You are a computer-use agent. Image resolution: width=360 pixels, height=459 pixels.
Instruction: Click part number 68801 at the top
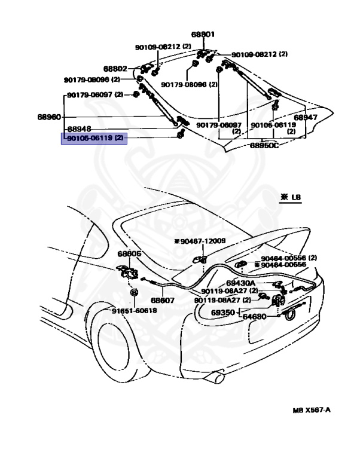(x=203, y=35)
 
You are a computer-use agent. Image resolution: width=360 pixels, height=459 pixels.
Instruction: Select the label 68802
(x=115, y=69)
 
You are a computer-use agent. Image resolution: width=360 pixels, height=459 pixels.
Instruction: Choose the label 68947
(x=306, y=118)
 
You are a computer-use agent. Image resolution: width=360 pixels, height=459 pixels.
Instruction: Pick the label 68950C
(x=264, y=145)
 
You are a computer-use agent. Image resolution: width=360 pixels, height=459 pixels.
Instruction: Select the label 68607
(x=162, y=301)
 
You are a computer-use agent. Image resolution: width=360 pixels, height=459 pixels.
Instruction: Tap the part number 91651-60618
(x=134, y=310)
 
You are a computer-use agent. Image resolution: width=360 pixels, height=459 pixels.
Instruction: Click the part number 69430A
(x=241, y=283)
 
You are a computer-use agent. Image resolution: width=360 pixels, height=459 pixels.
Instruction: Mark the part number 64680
(x=254, y=316)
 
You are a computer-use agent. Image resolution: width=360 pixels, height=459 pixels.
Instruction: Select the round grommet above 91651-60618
(x=134, y=293)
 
